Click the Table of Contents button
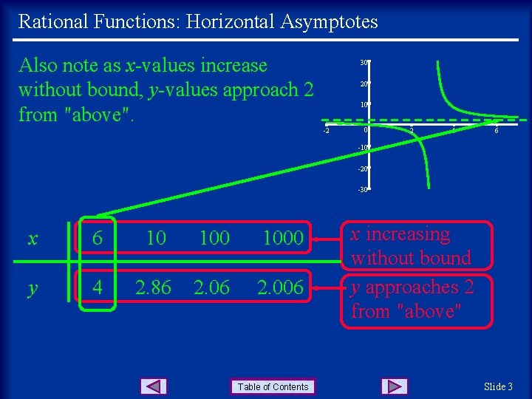coord(273,386)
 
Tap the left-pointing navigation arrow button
coord(153,386)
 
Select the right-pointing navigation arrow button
coord(395,386)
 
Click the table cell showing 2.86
coord(153,287)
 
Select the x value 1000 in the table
coord(283,238)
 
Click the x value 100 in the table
coord(214,238)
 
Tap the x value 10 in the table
coord(154,238)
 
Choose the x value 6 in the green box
coord(96,238)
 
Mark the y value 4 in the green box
coord(96,287)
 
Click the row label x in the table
coord(33,238)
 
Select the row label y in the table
coord(33,287)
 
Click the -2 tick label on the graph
coord(326,132)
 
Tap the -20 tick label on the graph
coord(364,169)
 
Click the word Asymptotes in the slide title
coord(329,21)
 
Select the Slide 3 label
coord(498,386)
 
